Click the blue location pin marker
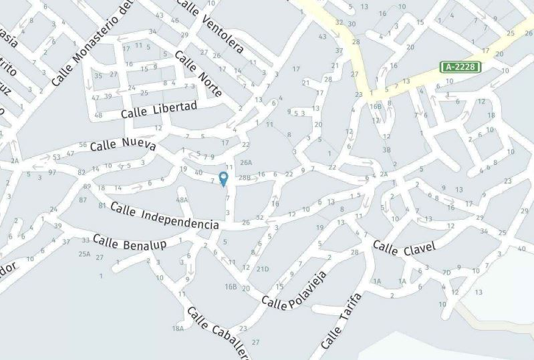click(x=223, y=179)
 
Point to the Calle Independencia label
click(x=164, y=216)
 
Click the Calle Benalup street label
click(x=130, y=242)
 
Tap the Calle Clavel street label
click(x=404, y=248)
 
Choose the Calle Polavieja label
click(x=294, y=291)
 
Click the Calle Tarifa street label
click(x=341, y=321)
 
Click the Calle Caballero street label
click(x=218, y=332)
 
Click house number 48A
click(x=182, y=200)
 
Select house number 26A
click(x=246, y=162)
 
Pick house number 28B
click(x=244, y=178)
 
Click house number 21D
click(x=263, y=269)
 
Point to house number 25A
click(x=84, y=254)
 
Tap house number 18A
click(x=178, y=328)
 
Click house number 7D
click(x=446, y=273)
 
